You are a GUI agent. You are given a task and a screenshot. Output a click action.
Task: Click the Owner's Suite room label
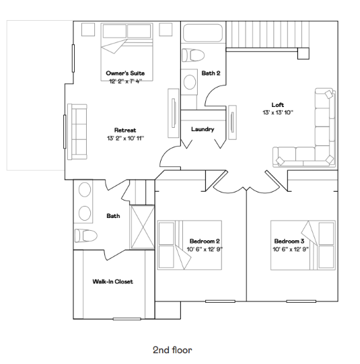[x=125, y=73]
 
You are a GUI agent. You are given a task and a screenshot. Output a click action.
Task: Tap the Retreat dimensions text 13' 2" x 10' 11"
[x=125, y=137]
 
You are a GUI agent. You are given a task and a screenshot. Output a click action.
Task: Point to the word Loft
[x=278, y=104]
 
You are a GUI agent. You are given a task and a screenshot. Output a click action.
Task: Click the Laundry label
[x=203, y=129]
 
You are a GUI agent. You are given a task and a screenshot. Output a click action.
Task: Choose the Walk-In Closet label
[x=112, y=282]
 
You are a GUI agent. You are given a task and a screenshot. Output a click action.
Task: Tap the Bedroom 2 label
[x=205, y=241]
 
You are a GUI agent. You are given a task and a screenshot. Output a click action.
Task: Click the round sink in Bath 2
[x=190, y=83]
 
